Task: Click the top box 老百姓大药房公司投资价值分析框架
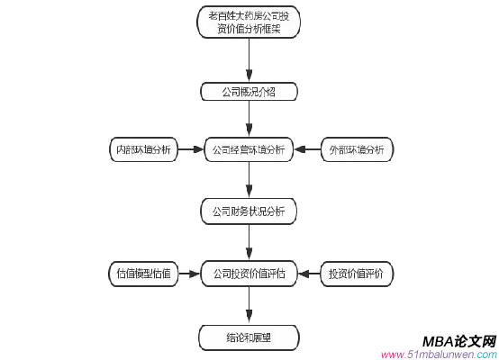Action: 249,22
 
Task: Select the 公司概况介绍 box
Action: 249,92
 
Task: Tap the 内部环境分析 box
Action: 142,149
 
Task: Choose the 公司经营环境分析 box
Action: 249,149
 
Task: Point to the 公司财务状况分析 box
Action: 249,212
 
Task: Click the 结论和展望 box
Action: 249,338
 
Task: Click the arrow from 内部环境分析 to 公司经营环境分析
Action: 191,149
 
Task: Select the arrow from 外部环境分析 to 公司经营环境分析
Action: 307,149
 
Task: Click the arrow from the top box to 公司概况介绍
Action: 249,59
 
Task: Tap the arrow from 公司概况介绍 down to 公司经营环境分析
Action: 249,120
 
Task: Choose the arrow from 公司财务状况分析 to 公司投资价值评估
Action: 249,242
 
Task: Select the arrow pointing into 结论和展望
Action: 249,307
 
